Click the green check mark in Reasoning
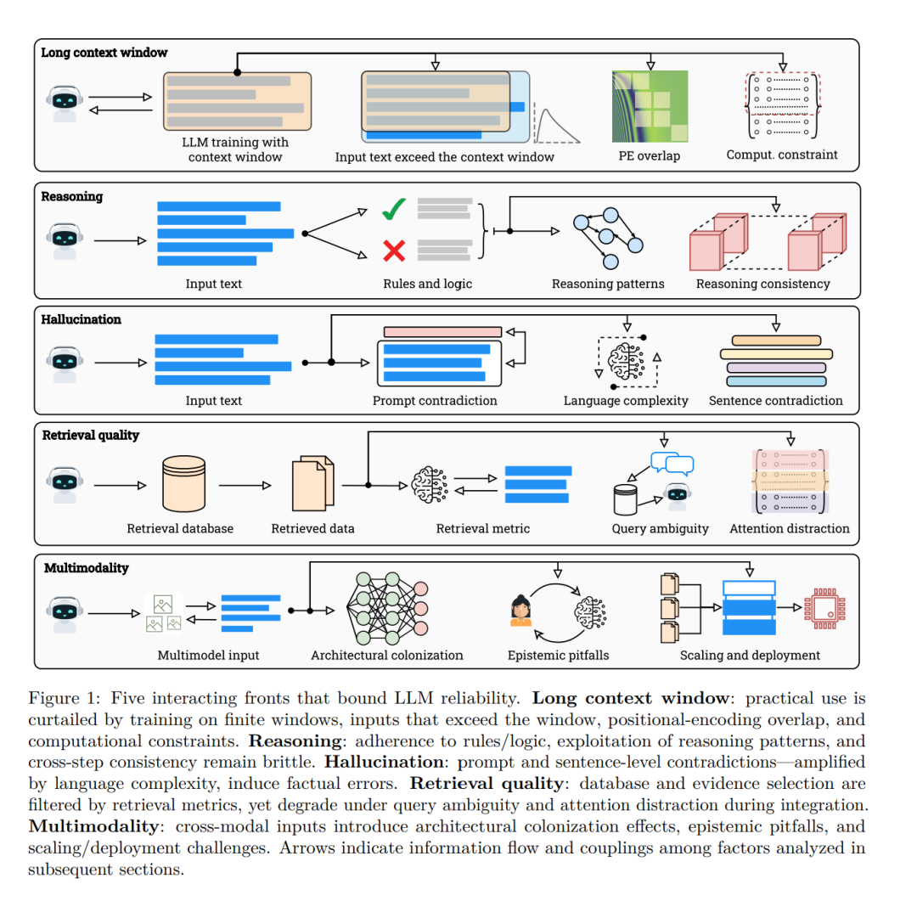click(x=394, y=208)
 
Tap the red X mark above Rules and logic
click(x=394, y=250)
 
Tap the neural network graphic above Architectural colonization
click(x=386, y=608)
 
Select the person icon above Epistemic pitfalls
click(x=520, y=611)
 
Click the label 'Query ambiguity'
click(x=660, y=528)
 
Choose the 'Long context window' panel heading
click(x=104, y=53)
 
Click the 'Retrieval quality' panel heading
click(x=91, y=436)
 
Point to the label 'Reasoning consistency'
click(x=762, y=284)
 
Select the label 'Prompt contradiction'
click(x=435, y=401)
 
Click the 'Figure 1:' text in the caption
click(x=61, y=699)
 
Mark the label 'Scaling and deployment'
click(x=750, y=656)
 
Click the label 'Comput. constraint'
click(x=782, y=155)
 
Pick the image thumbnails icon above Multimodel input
click(x=164, y=613)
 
